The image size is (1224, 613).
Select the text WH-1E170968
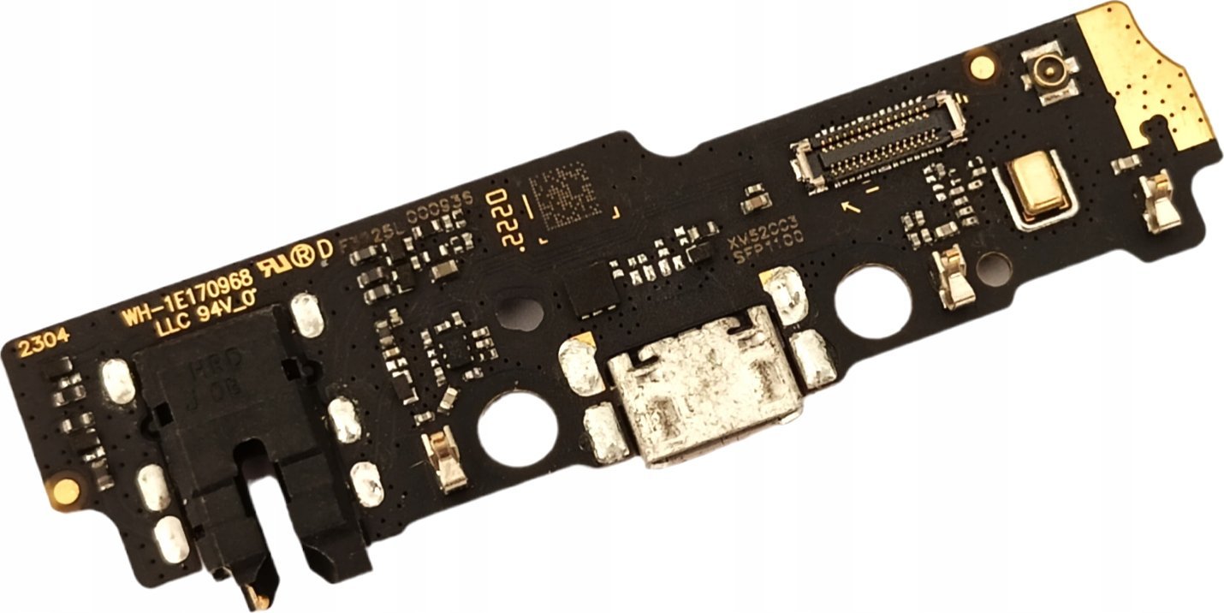(x=186, y=295)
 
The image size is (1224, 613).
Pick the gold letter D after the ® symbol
(x=325, y=249)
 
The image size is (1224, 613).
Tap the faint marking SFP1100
(x=767, y=242)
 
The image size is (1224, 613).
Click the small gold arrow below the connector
(x=851, y=206)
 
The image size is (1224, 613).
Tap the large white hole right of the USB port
(x=872, y=301)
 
